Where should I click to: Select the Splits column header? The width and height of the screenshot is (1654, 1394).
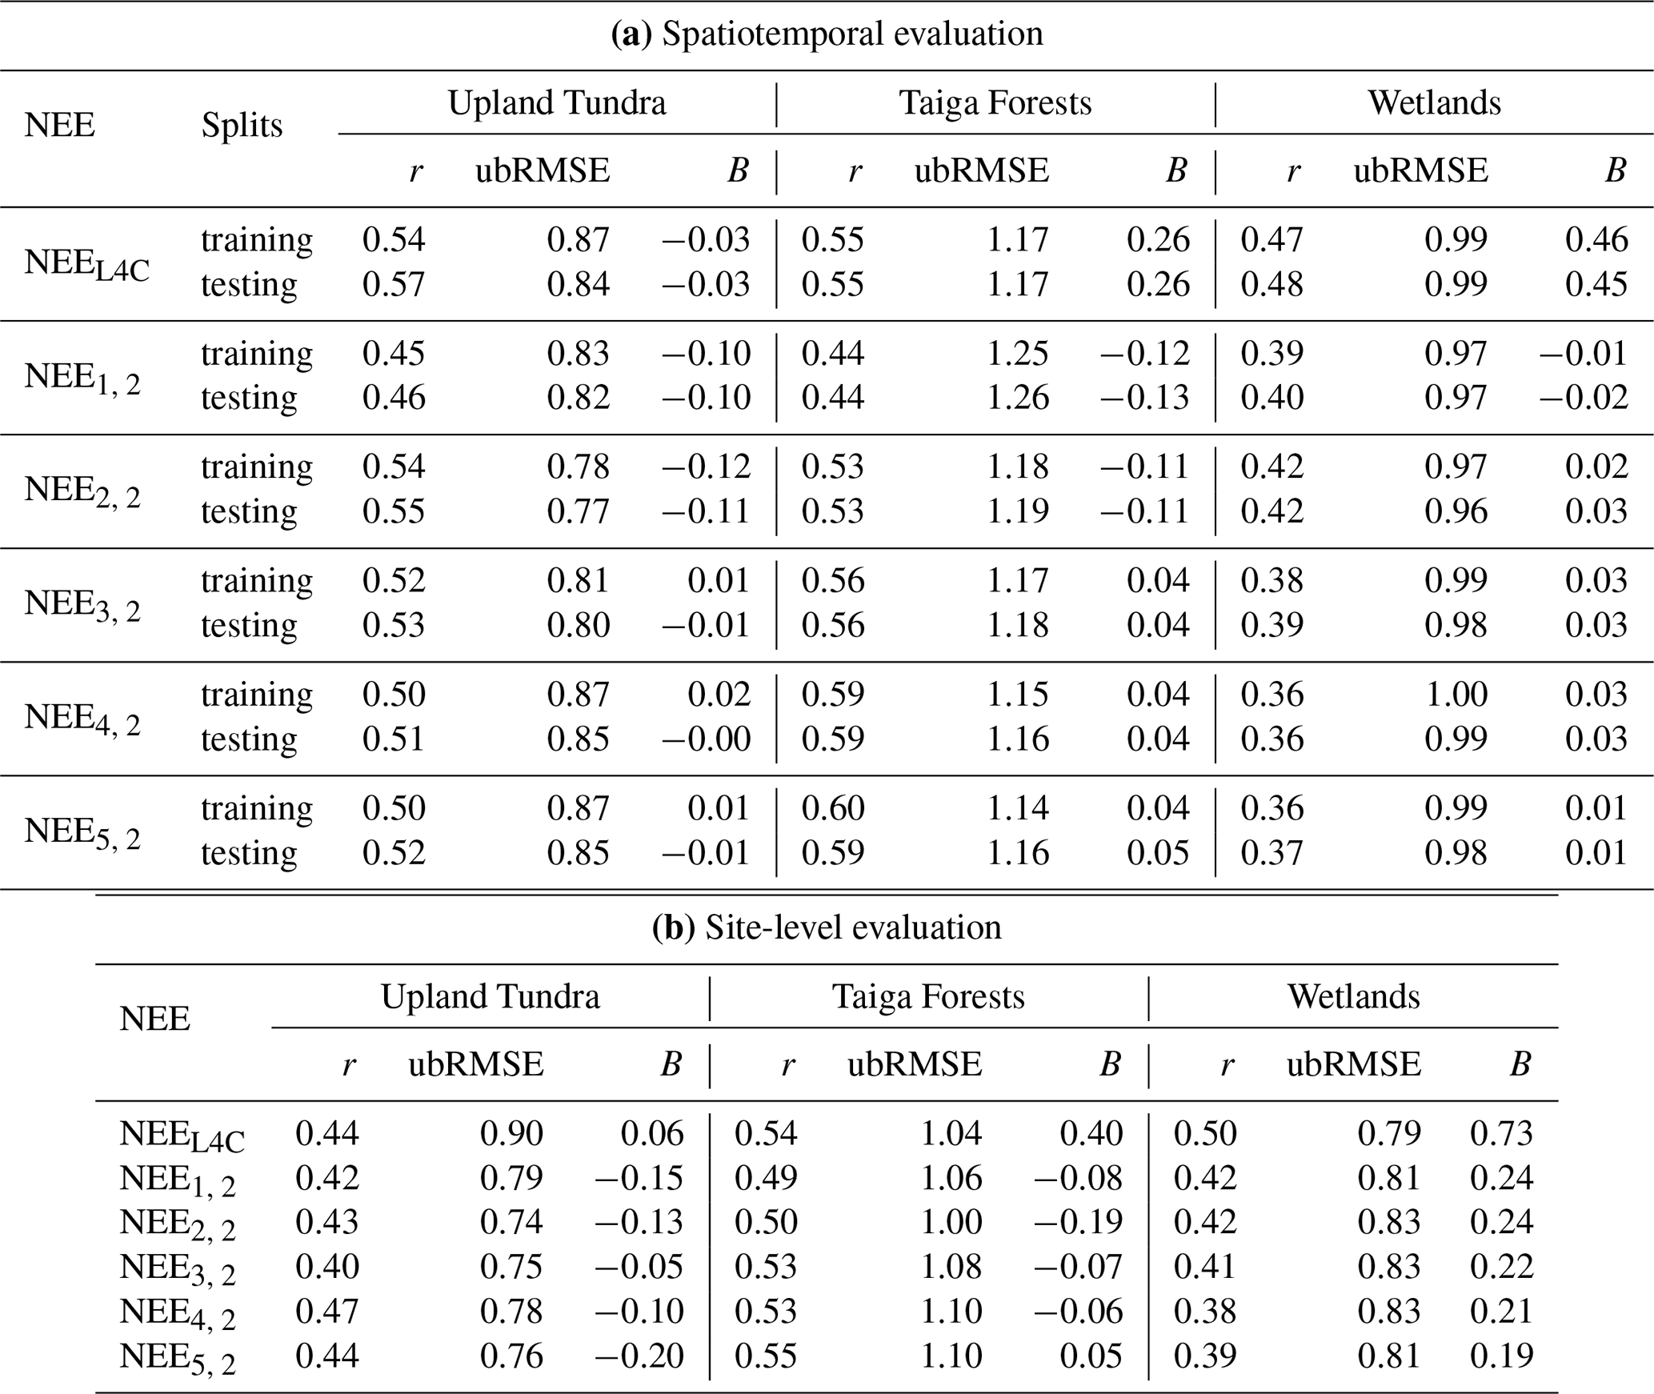(x=242, y=126)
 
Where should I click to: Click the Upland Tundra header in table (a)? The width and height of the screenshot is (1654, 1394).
(x=557, y=103)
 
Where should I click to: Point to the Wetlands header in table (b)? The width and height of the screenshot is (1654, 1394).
(x=1354, y=996)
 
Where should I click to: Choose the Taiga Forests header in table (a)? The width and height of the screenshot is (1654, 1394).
(x=995, y=103)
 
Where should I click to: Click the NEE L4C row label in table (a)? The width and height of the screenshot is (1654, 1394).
(x=86, y=265)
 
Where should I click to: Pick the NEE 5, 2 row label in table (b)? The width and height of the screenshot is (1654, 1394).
(x=178, y=1358)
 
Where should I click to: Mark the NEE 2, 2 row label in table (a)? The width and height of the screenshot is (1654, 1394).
(x=82, y=491)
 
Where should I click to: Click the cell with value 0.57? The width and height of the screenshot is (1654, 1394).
(x=394, y=284)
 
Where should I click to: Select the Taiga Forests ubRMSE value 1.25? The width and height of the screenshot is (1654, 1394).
(x=1017, y=353)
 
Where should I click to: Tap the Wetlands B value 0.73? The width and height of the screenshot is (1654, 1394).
(x=1501, y=1132)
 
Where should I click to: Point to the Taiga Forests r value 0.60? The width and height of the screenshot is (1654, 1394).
(x=833, y=807)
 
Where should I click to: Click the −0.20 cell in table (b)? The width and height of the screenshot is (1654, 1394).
(x=639, y=1355)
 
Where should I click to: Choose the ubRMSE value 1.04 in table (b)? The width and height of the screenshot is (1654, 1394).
(x=951, y=1132)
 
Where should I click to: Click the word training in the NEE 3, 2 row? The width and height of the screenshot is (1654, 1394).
(x=257, y=582)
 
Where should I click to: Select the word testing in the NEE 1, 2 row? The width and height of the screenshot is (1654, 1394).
(x=249, y=398)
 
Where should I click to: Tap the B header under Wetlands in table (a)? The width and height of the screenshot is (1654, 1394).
(x=1616, y=170)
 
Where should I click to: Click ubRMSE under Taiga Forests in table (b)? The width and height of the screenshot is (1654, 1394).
(x=915, y=1064)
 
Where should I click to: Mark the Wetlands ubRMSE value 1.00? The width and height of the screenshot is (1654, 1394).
(x=1456, y=694)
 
